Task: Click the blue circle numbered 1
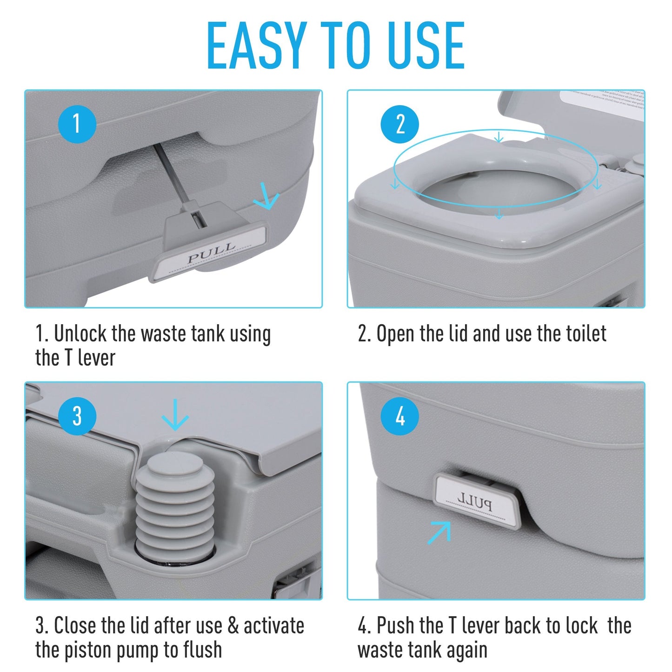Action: [x=77, y=124]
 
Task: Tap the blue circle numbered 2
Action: [x=399, y=124]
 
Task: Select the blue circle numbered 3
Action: [x=77, y=416]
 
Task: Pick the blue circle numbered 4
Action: [x=399, y=416]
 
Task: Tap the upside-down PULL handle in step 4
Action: [x=475, y=501]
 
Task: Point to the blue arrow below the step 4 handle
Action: [x=440, y=532]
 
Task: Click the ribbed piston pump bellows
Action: [x=175, y=507]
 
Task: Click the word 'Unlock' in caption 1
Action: [x=81, y=334]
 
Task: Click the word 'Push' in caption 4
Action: [x=396, y=625]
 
